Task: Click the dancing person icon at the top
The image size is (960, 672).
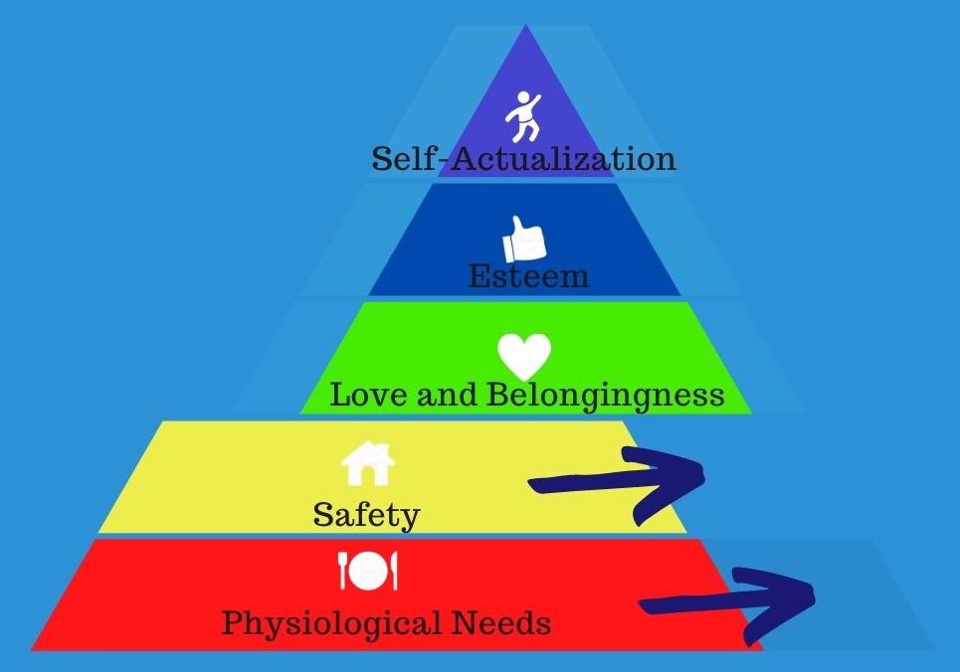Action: pos(522,117)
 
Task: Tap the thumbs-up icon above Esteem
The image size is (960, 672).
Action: pos(524,239)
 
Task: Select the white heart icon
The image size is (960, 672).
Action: pos(524,355)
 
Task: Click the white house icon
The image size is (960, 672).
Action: pos(367,462)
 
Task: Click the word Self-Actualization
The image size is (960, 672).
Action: pos(524,159)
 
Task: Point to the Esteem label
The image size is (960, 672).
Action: pos(528,276)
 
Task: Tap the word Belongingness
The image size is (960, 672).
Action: pos(605,396)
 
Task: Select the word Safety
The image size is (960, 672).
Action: pos(366,515)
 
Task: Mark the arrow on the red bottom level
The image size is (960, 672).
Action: pos(726,598)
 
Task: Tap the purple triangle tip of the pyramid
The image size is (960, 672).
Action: pos(525,60)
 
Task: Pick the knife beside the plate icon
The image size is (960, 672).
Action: pos(392,571)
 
